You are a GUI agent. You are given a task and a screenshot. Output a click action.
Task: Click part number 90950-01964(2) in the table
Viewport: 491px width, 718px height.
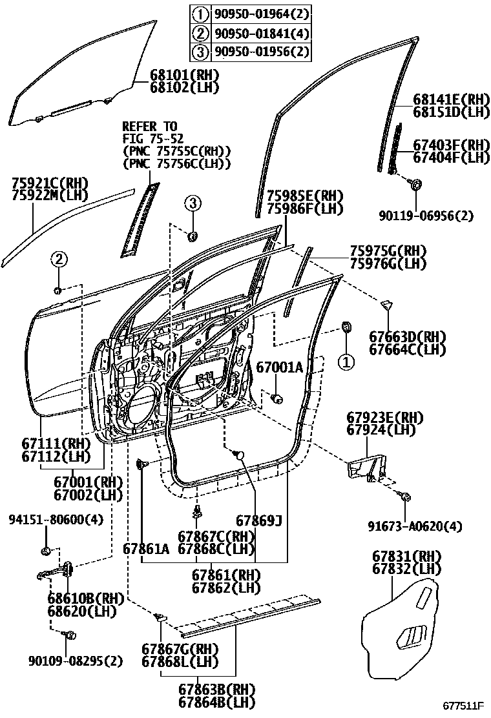pyautogui.click(x=260, y=14)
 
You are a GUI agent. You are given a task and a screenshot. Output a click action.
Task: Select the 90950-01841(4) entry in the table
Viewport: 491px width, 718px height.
pyautogui.click(x=260, y=33)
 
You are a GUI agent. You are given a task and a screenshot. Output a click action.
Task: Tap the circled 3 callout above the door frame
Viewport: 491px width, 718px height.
pyautogui.click(x=193, y=203)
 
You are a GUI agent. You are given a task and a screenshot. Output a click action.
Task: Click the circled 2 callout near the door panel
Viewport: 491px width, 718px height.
pyautogui.click(x=59, y=260)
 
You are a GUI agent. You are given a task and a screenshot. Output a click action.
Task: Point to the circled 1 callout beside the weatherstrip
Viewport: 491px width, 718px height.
pyautogui.click(x=346, y=363)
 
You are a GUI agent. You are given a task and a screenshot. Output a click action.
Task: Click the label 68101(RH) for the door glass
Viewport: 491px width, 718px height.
pyautogui.click(x=184, y=75)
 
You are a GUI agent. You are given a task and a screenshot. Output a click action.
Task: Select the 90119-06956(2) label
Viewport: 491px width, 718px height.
pyautogui.click(x=426, y=216)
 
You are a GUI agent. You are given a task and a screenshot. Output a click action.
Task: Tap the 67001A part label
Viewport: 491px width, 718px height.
pyautogui.click(x=279, y=367)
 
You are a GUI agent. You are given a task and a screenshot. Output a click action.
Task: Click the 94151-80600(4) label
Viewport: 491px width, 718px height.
pyautogui.click(x=56, y=519)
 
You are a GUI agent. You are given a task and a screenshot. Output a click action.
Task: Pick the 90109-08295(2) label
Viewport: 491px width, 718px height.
pyautogui.click(x=76, y=661)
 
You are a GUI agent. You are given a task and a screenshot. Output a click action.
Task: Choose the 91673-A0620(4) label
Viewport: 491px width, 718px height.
pyautogui.click(x=415, y=526)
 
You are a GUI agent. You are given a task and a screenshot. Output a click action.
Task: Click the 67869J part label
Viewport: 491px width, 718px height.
pyautogui.click(x=259, y=520)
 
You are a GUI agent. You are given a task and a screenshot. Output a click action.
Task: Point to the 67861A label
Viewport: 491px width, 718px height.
pyautogui.click(x=145, y=549)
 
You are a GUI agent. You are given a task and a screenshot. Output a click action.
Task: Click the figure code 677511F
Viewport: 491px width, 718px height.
pyautogui.click(x=463, y=704)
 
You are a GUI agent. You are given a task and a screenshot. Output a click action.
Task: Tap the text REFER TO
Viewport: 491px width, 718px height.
pyautogui.click(x=149, y=127)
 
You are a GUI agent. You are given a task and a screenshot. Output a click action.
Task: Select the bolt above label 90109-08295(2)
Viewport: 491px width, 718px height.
pyautogui.click(x=69, y=635)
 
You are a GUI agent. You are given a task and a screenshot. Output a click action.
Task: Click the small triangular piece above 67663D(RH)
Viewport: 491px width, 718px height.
pyautogui.click(x=386, y=305)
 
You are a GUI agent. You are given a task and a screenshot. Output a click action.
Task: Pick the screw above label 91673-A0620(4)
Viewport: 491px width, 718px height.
pyautogui.click(x=405, y=496)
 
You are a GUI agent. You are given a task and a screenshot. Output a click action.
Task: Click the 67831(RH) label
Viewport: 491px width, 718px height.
pyautogui.click(x=407, y=557)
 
